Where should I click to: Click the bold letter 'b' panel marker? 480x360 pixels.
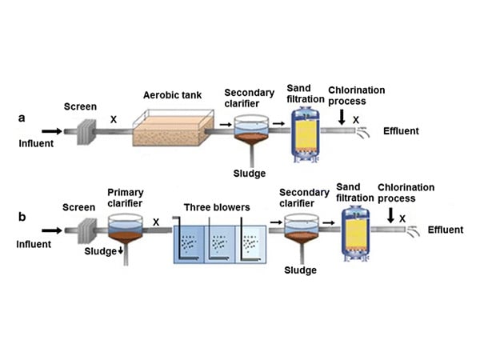pos(22,217)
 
